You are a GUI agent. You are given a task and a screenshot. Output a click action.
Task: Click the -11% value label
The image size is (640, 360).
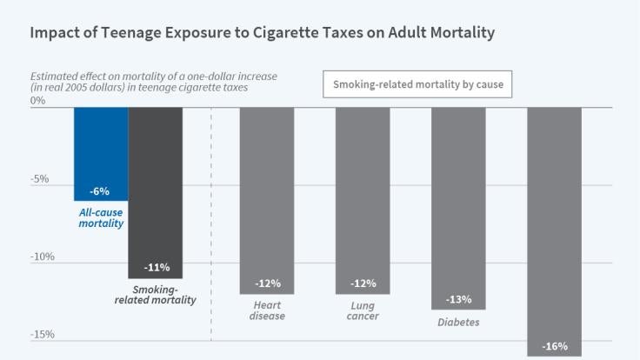[157, 267]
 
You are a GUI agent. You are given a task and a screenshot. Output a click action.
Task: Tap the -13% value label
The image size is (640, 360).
[458, 299]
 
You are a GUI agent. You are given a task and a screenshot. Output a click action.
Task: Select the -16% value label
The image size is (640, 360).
[555, 346]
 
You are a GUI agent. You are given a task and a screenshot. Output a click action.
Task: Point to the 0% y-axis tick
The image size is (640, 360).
[37, 101]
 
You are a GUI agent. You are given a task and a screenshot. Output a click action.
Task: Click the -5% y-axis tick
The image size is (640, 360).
[39, 179]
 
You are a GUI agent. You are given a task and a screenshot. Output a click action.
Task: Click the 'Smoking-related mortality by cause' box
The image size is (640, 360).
[417, 85]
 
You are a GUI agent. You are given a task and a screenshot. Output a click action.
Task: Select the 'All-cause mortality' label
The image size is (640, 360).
[101, 217]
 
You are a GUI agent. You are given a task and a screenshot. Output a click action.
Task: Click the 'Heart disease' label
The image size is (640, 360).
[267, 310]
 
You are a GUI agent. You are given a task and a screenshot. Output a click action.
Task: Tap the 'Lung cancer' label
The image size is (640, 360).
[363, 310]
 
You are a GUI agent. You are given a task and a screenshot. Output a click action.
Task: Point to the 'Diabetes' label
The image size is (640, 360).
[458, 322]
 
